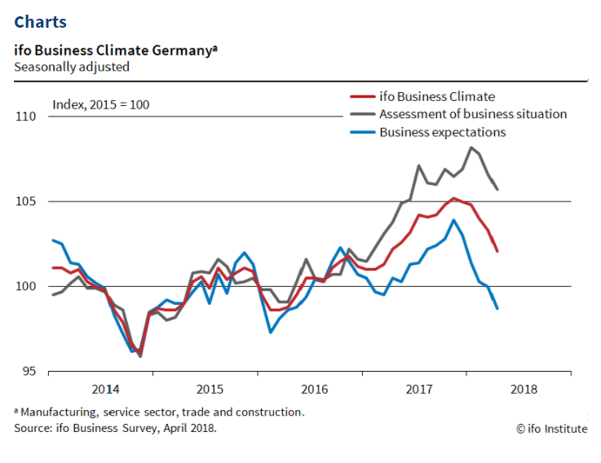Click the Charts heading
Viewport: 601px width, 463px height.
pos(41,22)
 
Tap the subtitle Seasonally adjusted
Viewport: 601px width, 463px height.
pos(72,67)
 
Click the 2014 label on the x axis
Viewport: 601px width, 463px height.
pos(105,390)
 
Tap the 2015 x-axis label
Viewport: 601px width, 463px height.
pos(210,390)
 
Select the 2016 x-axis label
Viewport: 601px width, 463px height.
pos(315,390)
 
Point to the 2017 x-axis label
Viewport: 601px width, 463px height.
pos(419,390)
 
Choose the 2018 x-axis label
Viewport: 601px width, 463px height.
pos(524,390)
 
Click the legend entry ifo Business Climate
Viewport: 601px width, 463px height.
pos(436,97)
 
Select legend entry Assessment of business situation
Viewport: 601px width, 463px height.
pos(473,114)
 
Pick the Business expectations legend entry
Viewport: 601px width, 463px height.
pos(442,132)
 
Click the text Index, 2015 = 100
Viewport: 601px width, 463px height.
pos(101,104)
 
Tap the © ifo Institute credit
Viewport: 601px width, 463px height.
pos(551,429)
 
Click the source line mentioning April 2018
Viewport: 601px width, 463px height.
pos(116,427)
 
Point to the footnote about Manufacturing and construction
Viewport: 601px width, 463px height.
pos(160,412)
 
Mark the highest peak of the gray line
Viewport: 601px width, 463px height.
pos(471,148)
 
